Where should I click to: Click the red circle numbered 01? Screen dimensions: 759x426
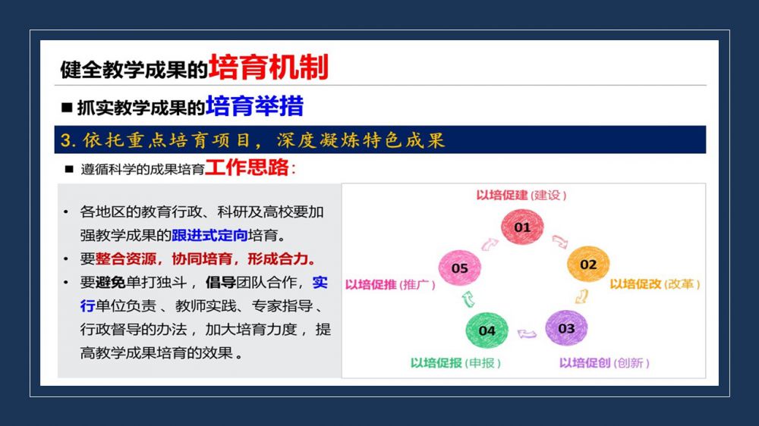pyautogui.click(x=522, y=227)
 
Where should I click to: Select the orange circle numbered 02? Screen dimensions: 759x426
pyautogui.click(x=588, y=264)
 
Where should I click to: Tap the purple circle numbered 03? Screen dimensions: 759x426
pyautogui.click(x=566, y=328)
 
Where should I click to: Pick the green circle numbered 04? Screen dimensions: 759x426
pyautogui.click(x=487, y=330)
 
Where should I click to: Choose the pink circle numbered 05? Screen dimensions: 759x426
pyautogui.click(x=459, y=268)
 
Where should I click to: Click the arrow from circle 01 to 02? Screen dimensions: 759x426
pyautogui.click(x=560, y=241)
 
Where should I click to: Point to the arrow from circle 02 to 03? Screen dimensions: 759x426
pyautogui.click(x=582, y=296)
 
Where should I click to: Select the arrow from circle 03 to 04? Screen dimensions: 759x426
pyautogui.click(x=527, y=334)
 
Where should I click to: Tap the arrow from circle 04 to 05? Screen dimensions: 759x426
pyautogui.click(x=468, y=299)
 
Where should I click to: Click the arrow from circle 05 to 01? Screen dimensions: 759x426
pyautogui.click(x=490, y=244)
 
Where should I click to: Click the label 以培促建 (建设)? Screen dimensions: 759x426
pyautogui.click(x=521, y=196)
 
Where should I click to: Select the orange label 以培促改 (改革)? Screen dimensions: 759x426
pyautogui.click(x=655, y=283)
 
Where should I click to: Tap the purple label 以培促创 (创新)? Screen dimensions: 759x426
pyautogui.click(x=604, y=362)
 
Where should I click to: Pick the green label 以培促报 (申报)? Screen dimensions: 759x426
pyautogui.click(x=455, y=362)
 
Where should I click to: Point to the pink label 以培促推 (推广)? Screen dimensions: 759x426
pyautogui.click(x=390, y=284)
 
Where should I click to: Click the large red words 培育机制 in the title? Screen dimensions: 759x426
pyautogui.click(x=269, y=67)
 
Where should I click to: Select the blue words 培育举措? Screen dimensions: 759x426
pyautogui.click(x=254, y=106)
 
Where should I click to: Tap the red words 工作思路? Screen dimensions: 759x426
pyautogui.click(x=247, y=168)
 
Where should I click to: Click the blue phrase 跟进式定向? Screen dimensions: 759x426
pyautogui.click(x=209, y=236)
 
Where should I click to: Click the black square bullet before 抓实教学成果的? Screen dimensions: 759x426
pyautogui.click(x=67, y=108)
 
